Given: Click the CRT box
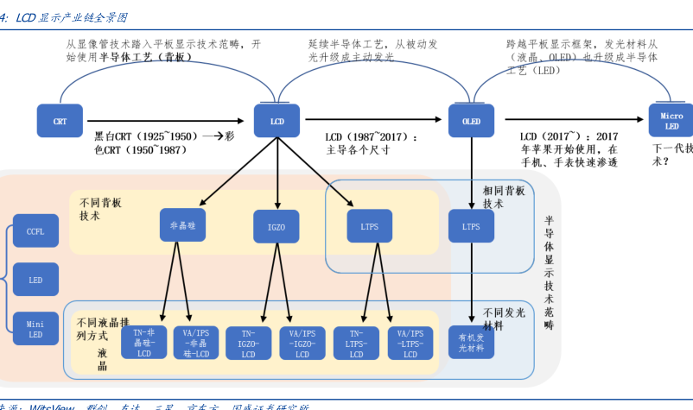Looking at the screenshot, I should [x=60, y=121].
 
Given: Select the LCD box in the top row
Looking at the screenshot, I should [x=277, y=121].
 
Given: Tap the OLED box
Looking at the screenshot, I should [x=471, y=121].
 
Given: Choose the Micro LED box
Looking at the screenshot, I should [x=671, y=121].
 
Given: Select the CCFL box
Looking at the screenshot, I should [x=35, y=231].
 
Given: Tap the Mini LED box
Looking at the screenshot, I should [x=35, y=328].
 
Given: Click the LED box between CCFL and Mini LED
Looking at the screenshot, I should [x=35, y=280].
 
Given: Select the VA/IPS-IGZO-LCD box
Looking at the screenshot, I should [x=302, y=343].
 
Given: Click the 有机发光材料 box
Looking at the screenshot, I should [x=471, y=343].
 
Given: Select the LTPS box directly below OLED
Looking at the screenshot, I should [x=471, y=226].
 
